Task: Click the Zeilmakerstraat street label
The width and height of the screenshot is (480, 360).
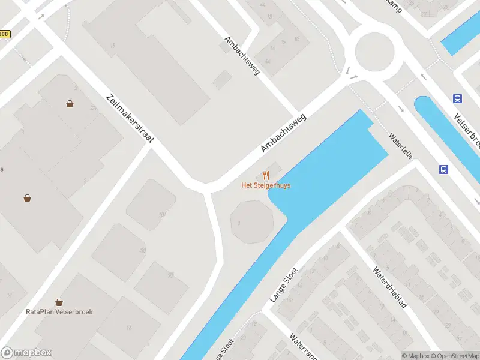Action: coord(130,118)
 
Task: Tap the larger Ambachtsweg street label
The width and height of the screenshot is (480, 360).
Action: coord(284,133)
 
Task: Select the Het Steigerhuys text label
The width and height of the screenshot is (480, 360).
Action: coord(266,185)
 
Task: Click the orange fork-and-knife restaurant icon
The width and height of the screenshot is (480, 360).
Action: coord(266,175)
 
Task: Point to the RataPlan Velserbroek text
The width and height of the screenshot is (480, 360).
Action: coord(59,312)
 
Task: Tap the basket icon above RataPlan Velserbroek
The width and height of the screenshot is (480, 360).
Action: coord(59,302)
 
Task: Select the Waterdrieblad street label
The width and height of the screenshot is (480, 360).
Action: coord(390,287)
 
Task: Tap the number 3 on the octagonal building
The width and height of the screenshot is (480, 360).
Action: coord(239,223)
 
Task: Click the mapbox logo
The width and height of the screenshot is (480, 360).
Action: coord(26,353)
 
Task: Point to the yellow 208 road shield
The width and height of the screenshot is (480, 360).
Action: coord(5,34)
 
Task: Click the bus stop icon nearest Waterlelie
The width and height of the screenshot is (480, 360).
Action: coord(444,169)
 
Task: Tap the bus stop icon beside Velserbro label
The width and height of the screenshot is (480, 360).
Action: coord(457,99)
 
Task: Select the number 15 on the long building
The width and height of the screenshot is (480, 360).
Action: coord(113,46)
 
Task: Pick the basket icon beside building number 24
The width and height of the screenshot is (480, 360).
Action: coord(70,104)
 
